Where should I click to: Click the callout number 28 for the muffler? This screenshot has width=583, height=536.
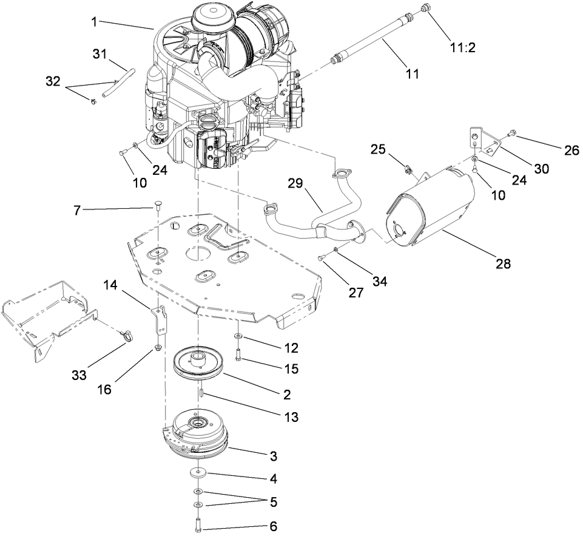click(503, 263)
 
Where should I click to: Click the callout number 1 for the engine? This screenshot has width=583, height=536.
click(94, 21)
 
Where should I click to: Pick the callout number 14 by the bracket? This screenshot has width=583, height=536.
click(110, 284)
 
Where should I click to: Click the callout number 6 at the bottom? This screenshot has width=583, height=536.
click(274, 527)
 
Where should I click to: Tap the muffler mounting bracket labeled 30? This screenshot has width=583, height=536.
click(482, 138)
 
